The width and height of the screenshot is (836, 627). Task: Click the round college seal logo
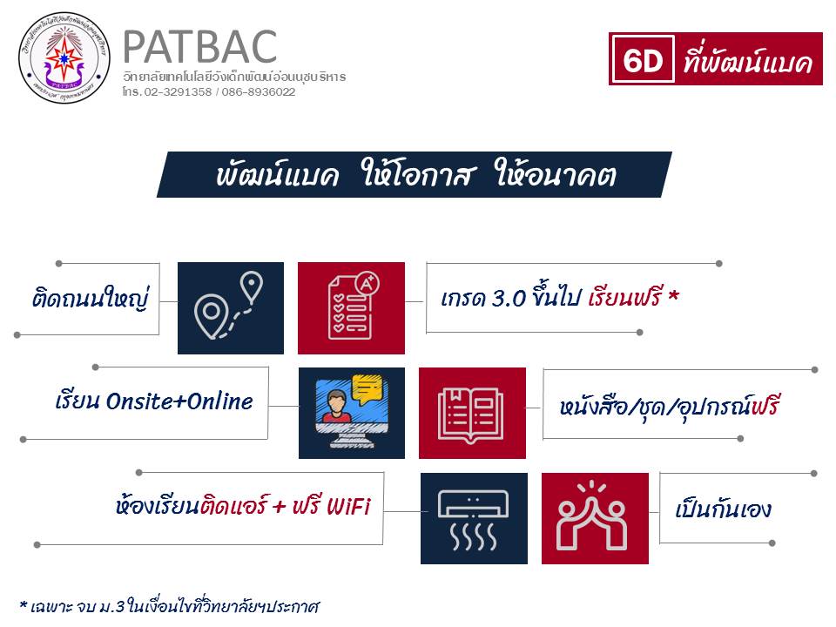click(64, 57)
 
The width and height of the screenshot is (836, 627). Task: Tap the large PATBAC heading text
click(200, 47)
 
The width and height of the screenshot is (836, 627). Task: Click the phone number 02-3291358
click(178, 91)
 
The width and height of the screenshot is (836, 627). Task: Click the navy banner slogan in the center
click(415, 174)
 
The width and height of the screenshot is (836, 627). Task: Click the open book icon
click(470, 415)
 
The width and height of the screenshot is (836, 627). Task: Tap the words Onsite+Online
click(179, 401)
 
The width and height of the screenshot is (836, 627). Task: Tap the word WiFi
click(348, 506)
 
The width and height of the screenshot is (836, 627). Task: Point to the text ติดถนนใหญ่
click(90, 298)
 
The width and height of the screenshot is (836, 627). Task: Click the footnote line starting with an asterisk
click(169, 606)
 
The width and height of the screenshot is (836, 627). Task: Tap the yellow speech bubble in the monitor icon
click(367, 388)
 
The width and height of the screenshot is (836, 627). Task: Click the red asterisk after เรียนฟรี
click(673, 294)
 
